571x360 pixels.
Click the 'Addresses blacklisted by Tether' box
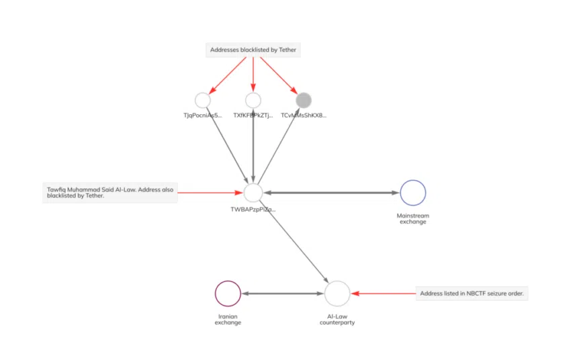(x=253, y=50)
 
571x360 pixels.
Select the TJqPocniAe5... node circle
(x=203, y=100)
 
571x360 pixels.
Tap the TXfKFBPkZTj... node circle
(x=253, y=100)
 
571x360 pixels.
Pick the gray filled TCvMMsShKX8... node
(x=304, y=100)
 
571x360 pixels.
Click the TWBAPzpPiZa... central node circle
(x=253, y=193)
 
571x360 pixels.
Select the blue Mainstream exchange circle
(x=412, y=193)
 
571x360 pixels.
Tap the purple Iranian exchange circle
(x=228, y=294)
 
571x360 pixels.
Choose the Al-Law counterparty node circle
(x=337, y=294)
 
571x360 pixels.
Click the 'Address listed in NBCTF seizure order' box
(x=472, y=294)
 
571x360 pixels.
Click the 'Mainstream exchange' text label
(x=412, y=218)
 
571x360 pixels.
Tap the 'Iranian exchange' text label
(x=228, y=319)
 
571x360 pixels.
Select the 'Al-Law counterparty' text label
(x=337, y=319)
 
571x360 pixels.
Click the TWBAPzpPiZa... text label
(x=253, y=210)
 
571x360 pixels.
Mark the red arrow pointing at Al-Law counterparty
(x=383, y=294)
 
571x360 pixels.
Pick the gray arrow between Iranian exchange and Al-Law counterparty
(x=282, y=294)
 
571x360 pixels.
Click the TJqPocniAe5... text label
(x=203, y=116)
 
